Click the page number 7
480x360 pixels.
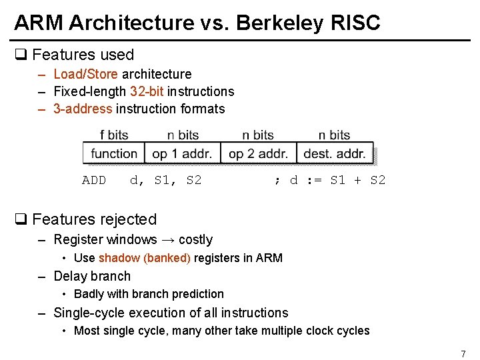tap(463, 353)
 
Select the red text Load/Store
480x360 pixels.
tap(85, 74)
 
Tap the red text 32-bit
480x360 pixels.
tap(147, 91)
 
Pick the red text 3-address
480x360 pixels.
tap(83, 109)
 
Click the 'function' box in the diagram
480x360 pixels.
tap(114, 153)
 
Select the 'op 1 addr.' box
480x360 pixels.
tap(182, 153)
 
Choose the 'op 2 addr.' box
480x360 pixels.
tap(258, 153)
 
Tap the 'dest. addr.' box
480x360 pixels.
tap(335, 153)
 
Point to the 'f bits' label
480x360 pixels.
tap(114, 135)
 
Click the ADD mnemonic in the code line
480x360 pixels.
tap(94, 180)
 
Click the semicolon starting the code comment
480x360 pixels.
tap(277, 180)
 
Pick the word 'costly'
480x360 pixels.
tap(195, 239)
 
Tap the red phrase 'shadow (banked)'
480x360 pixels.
tap(144, 258)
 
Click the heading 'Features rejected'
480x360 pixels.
tap(94, 219)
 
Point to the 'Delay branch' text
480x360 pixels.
tap(92, 276)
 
